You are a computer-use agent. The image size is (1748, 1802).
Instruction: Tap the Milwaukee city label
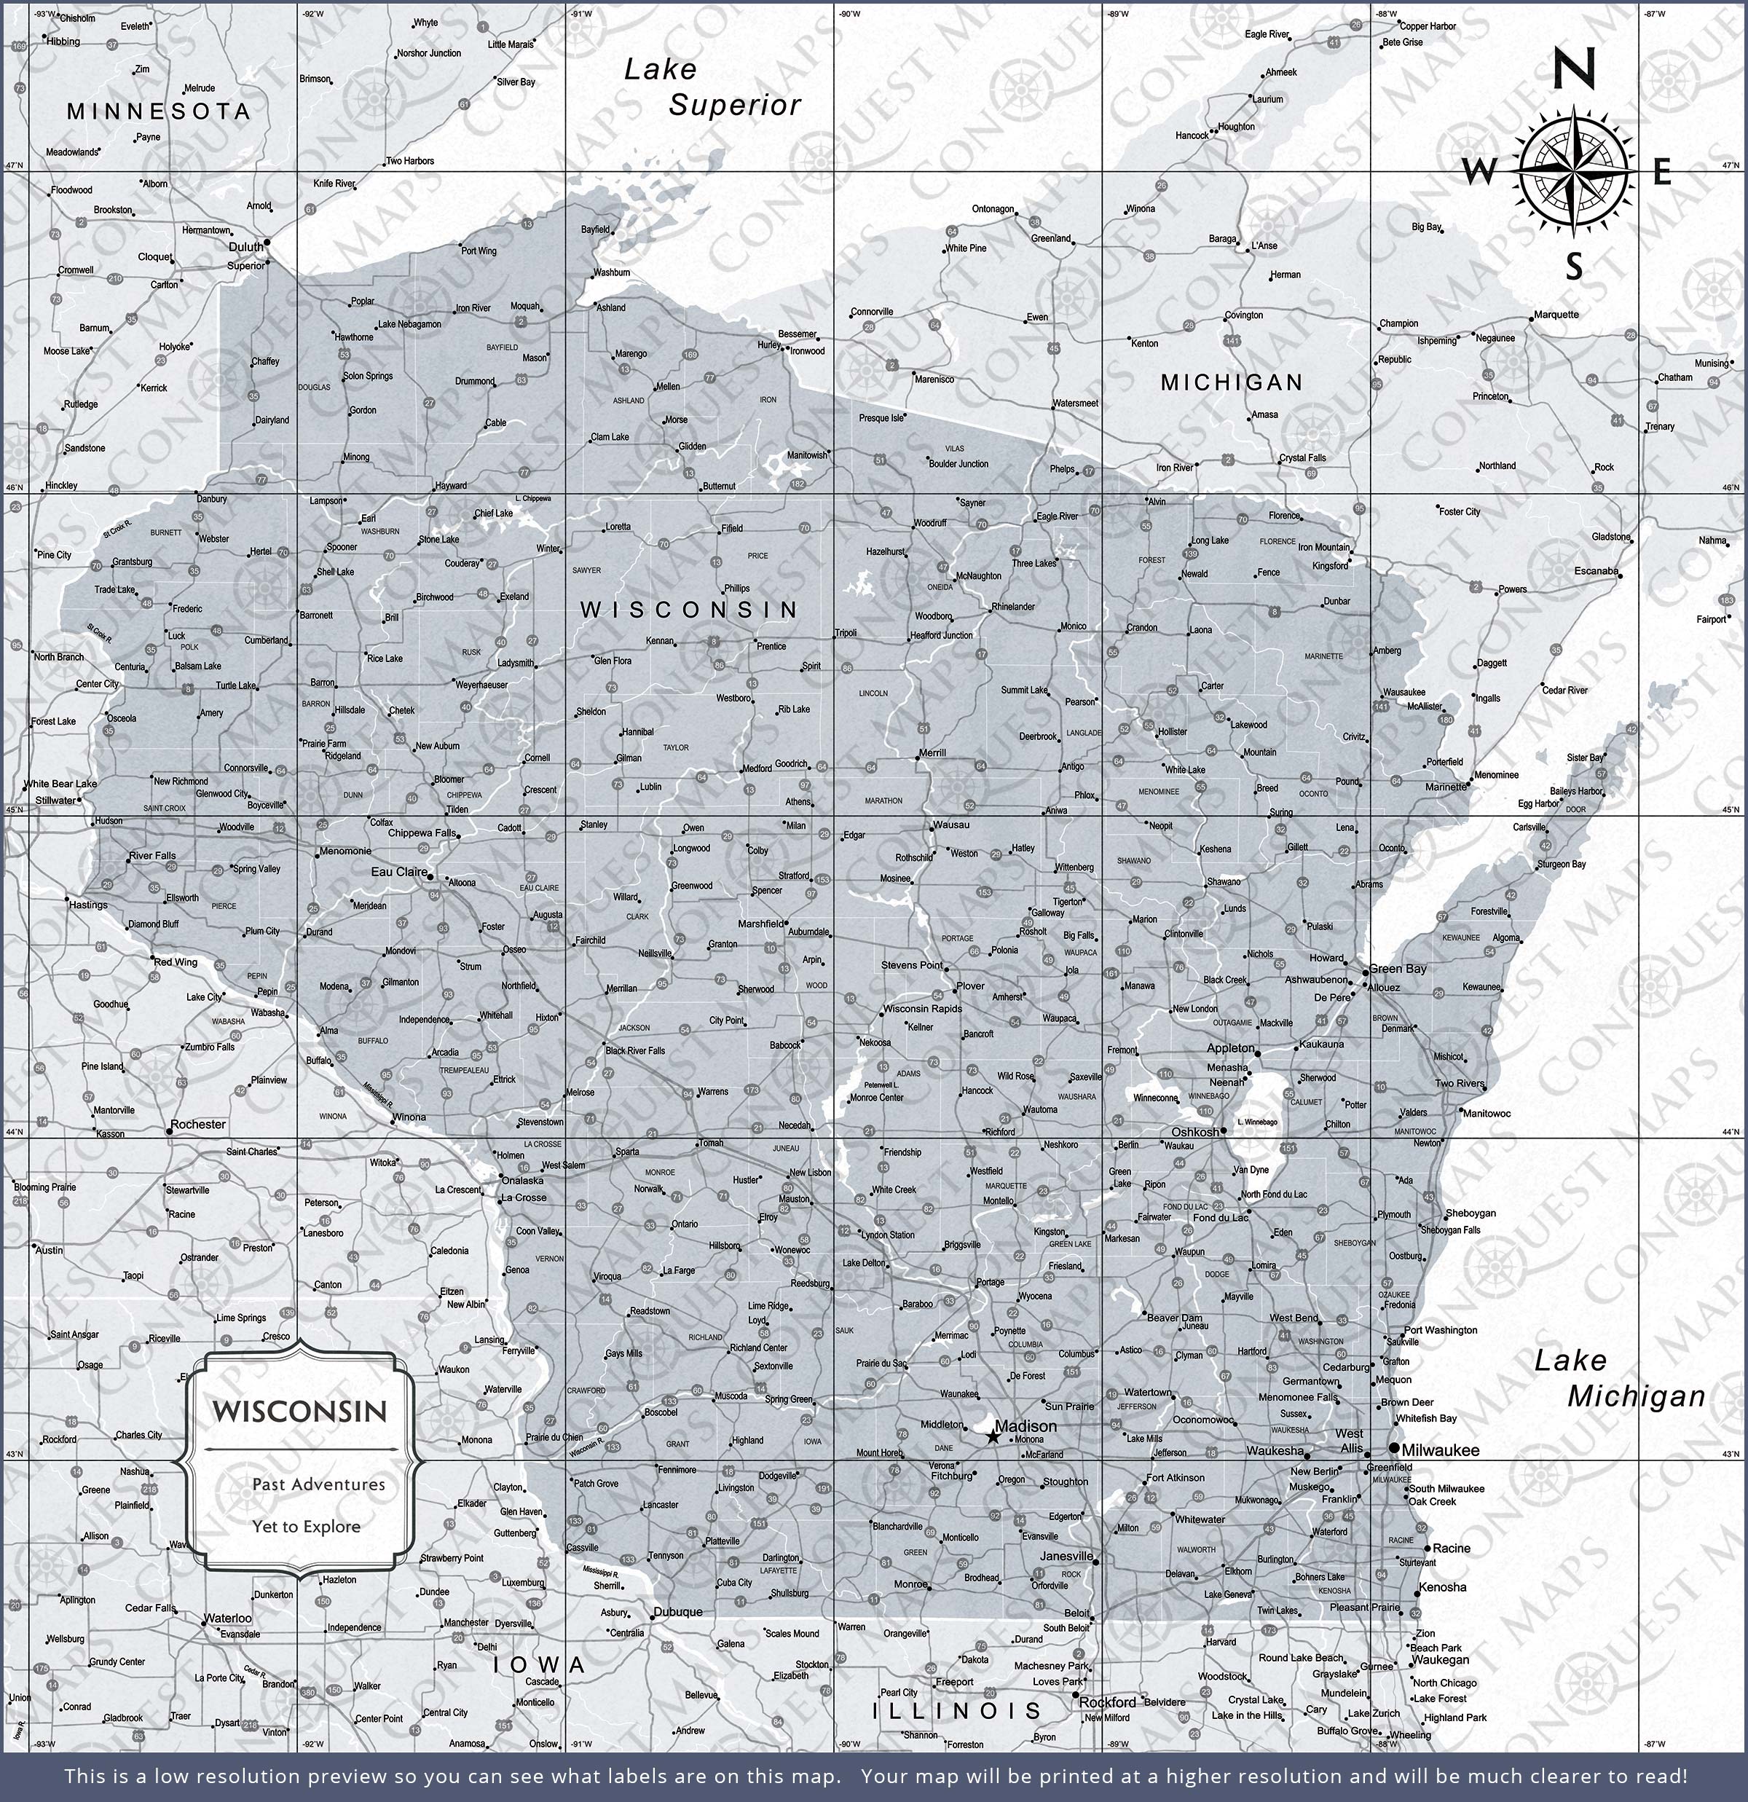click(x=1440, y=1450)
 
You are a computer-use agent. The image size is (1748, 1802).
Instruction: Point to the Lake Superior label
click(x=712, y=87)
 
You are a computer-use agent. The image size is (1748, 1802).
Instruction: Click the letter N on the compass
click(x=1573, y=70)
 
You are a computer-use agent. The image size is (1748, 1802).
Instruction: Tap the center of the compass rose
click(x=1574, y=171)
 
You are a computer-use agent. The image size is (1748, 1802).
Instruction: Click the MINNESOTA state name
click(x=158, y=111)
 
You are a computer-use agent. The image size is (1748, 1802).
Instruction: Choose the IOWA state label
click(x=539, y=1665)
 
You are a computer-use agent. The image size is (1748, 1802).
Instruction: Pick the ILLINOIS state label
click(x=956, y=1711)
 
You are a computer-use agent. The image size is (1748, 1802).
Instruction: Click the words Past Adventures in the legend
click(x=318, y=1484)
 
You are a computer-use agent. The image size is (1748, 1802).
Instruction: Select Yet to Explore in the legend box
click(x=306, y=1526)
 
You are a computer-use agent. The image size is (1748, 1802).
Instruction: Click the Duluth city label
click(x=245, y=246)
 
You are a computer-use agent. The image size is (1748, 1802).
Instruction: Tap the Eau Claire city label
click(x=399, y=872)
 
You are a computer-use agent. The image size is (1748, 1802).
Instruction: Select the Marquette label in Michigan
click(x=1556, y=315)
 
